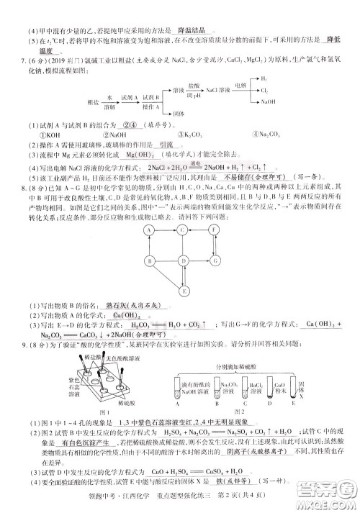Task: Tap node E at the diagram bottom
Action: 185,291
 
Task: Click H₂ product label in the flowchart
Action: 264,78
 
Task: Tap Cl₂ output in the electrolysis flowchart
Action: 264,90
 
